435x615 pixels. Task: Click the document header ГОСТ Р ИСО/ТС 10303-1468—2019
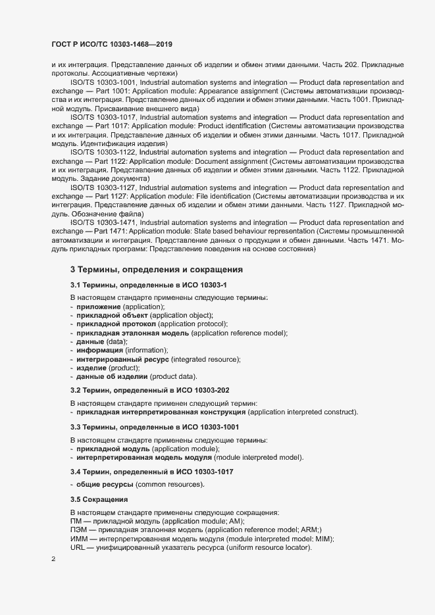point(112,44)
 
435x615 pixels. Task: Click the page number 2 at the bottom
point(54,560)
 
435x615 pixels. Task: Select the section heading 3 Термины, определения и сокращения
point(157,270)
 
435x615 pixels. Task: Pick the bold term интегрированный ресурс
point(122,359)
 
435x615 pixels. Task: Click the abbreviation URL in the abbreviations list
point(78,548)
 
